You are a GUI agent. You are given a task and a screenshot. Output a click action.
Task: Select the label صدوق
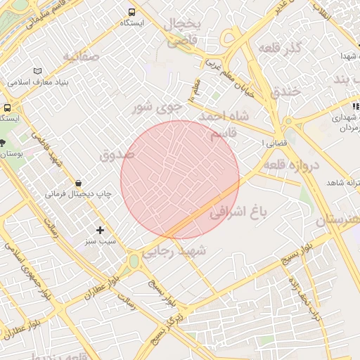(116, 155)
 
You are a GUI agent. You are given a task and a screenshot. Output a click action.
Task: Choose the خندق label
(285, 91)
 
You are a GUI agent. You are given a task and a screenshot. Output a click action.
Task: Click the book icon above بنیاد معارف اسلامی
(37, 72)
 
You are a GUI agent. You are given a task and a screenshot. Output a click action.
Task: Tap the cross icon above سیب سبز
(100, 230)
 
